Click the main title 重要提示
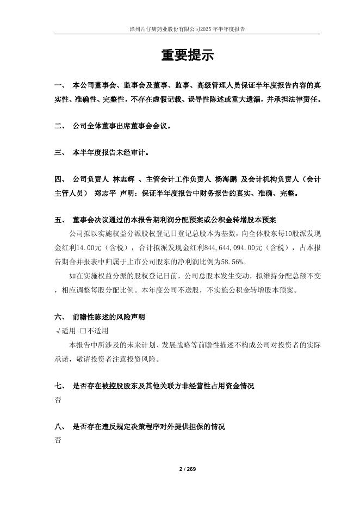coord(187,55)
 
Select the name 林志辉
coord(123,179)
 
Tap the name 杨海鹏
coord(226,179)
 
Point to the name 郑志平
coord(105,193)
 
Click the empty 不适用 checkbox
coord(83,331)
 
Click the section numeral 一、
coord(60,86)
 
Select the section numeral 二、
coord(60,126)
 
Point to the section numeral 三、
coord(60,153)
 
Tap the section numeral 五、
coord(60,220)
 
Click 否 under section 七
coord(58,400)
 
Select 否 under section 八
coord(58,440)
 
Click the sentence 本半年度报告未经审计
coord(110,153)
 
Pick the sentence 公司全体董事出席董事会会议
coord(122,126)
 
